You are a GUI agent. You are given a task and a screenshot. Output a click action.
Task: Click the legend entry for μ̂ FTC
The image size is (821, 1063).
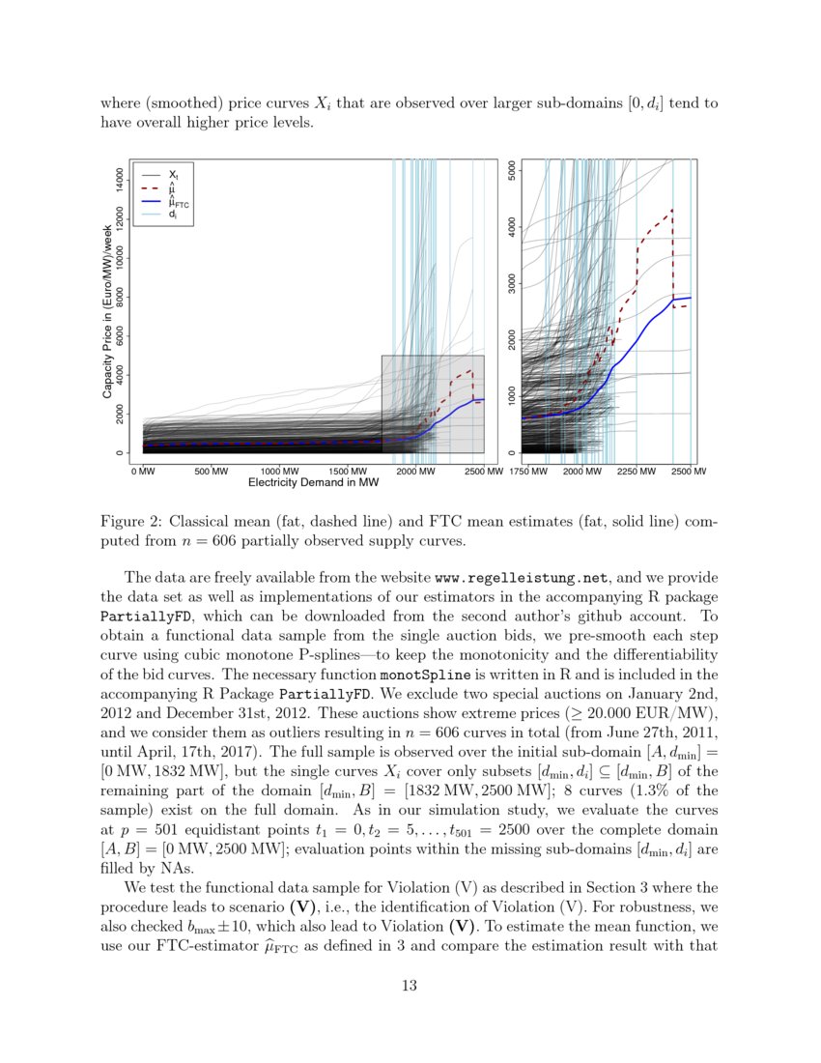tap(179, 203)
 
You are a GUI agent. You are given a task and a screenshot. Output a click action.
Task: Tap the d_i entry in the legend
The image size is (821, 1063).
tap(172, 215)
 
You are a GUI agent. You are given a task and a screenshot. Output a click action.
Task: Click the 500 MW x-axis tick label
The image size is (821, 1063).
tap(212, 472)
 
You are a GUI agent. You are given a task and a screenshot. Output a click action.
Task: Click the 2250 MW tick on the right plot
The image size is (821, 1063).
tap(634, 472)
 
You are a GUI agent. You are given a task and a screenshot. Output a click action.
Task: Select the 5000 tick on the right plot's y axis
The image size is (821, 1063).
tap(511, 174)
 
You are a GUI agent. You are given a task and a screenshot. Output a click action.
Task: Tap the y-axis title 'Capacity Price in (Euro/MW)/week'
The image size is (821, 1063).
tap(107, 309)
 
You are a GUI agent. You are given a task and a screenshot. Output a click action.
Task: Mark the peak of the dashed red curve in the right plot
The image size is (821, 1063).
tap(671, 210)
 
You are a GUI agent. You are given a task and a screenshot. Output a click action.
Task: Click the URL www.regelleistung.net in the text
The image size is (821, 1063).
tap(522, 579)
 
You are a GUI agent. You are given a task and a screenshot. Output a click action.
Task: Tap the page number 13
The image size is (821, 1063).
tap(410, 986)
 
